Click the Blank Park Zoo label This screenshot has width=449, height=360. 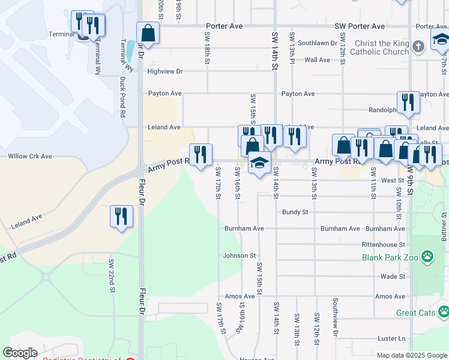[390, 257]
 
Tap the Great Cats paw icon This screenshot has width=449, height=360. [444, 311]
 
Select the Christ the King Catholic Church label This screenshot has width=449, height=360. [382, 47]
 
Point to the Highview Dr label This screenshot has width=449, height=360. [165, 71]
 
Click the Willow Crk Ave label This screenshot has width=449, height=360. [29, 156]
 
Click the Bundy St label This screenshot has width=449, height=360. [295, 212]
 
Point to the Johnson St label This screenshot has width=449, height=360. [240, 256]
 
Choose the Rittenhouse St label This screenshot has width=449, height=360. [384, 245]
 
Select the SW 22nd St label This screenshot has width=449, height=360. [112, 276]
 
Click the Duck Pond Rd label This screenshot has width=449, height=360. [123, 96]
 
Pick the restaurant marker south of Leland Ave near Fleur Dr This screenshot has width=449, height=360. [121, 216]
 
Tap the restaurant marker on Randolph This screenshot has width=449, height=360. [408, 103]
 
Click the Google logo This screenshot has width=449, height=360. [20, 353]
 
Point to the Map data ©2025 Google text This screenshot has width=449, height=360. [412, 355]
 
